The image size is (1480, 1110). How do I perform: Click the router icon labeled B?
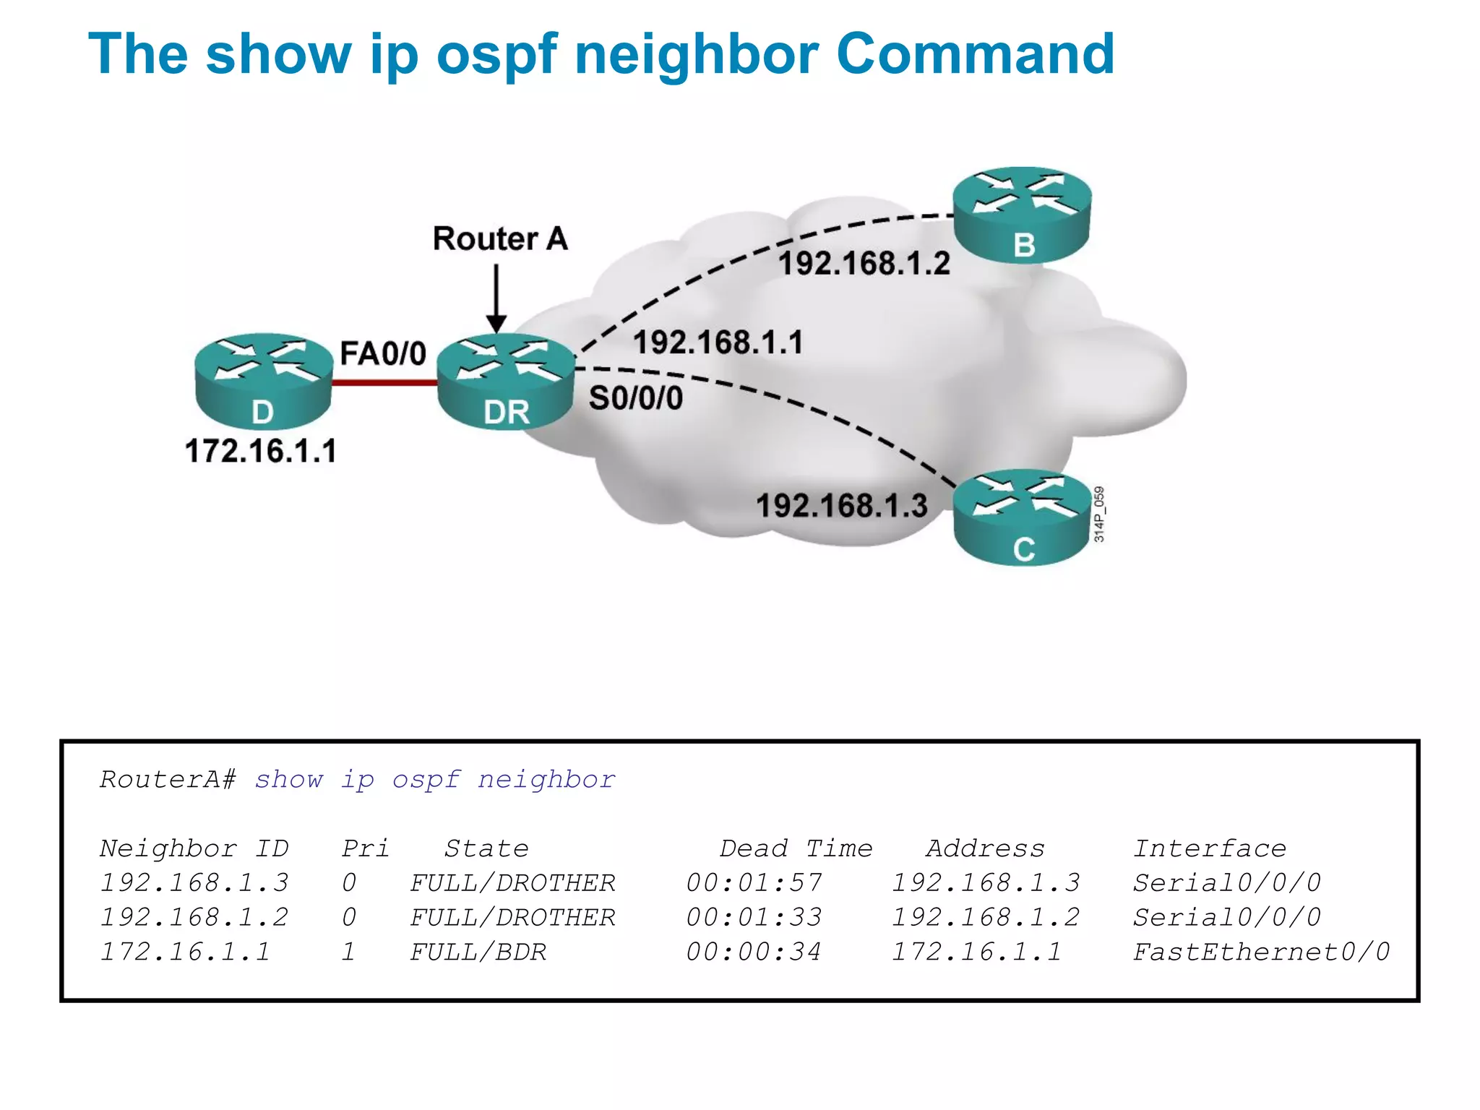[1022, 215]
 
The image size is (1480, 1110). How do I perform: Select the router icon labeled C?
[1022, 517]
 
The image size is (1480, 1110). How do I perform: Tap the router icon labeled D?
[263, 381]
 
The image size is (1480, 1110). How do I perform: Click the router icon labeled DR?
[506, 381]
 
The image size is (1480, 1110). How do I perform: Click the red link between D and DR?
[384, 382]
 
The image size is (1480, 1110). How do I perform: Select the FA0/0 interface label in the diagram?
[383, 354]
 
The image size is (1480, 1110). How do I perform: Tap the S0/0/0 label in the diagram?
[636, 398]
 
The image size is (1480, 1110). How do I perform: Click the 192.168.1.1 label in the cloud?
[718, 343]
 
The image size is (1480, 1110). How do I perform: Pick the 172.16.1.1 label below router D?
[261, 451]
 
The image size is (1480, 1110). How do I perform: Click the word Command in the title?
[976, 54]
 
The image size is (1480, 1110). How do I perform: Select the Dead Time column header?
[796, 848]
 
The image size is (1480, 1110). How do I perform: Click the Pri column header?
[365, 848]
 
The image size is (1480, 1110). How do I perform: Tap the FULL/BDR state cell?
[478, 952]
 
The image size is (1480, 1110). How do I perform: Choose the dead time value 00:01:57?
[754, 883]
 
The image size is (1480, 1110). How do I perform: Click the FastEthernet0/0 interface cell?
[1261, 952]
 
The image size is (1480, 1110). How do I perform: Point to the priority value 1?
[348, 952]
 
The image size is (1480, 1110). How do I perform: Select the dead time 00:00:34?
[754, 952]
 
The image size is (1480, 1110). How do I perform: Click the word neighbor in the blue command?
[546, 780]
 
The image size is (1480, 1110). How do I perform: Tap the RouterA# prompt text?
[168, 780]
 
